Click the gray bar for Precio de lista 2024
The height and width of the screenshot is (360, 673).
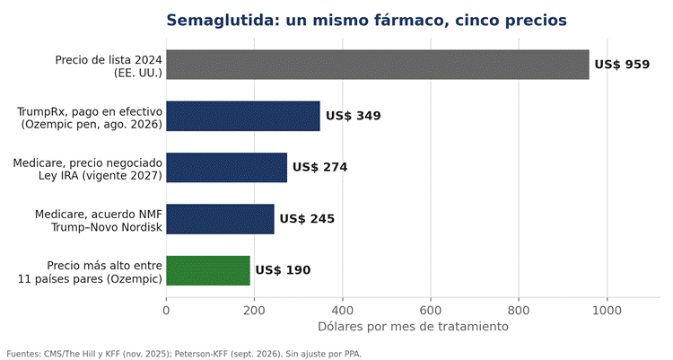pos(378,65)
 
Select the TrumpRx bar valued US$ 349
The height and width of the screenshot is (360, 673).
pos(243,116)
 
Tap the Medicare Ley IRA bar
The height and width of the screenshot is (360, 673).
pos(227,168)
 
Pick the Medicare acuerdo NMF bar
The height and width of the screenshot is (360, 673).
pos(220,219)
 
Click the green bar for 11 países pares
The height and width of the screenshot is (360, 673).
pos(208,270)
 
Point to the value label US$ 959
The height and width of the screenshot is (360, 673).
pos(622,65)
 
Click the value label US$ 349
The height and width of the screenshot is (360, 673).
pos(354,116)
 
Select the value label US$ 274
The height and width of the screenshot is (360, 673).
pos(320,167)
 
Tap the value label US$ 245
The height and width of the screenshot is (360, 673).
pos(307,219)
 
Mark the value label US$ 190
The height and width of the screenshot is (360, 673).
pos(283,270)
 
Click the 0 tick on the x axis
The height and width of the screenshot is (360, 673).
pos(167,310)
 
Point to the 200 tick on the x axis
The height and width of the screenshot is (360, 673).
pos(255,310)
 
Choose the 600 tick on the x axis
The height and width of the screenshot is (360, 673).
pos(431,310)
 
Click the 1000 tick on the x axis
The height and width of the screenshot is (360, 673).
pos(607,310)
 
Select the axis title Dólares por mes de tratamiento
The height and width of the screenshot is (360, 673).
pos(413,327)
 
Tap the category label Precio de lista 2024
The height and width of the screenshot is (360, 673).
pos(109,60)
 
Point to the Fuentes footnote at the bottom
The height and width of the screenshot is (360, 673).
pos(184,355)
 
